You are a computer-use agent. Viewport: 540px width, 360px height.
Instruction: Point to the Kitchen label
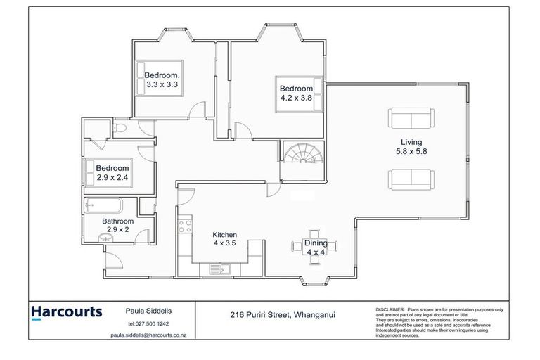(x=225, y=235)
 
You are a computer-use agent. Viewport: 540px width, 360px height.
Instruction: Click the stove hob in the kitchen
(x=185, y=226)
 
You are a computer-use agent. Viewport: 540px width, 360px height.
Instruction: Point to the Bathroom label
(x=117, y=221)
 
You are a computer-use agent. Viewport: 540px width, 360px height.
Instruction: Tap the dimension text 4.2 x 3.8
(x=295, y=98)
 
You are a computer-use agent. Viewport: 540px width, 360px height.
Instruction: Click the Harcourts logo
(x=66, y=311)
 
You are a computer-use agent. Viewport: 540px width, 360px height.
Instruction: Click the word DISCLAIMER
(x=391, y=308)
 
